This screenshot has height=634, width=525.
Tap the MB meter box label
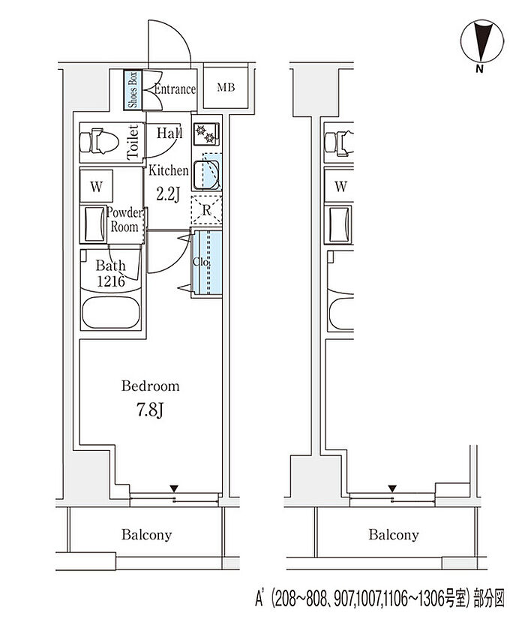point(226,87)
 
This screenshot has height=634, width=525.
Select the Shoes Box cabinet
point(133,89)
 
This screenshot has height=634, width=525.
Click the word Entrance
point(175,89)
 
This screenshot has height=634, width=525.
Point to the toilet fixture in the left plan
point(99,142)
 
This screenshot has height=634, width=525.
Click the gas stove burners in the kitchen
point(206,134)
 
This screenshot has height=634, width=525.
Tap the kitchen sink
point(206,175)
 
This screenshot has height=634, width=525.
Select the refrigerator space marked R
point(206,210)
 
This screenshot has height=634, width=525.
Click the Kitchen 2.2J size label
point(168,195)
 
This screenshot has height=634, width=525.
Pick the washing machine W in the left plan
point(96,186)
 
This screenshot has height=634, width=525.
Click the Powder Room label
point(125,220)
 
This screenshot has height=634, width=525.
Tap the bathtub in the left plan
point(111,313)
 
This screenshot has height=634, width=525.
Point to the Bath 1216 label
point(111,273)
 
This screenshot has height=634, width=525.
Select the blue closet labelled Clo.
point(206,263)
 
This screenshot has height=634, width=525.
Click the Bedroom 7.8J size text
point(150,411)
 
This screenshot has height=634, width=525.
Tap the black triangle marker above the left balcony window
point(174,488)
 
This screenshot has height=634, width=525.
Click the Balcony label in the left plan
point(147,535)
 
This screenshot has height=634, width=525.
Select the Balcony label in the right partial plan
point(394,535)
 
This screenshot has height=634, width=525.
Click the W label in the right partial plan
point(341,186)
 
